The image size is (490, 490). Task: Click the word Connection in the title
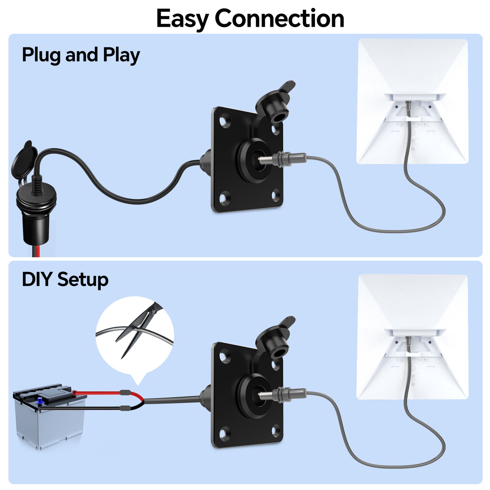point(279,19)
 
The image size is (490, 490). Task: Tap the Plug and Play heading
point(81,55)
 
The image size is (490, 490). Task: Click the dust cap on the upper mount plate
point(275,102)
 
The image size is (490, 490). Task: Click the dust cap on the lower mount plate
point(275,337)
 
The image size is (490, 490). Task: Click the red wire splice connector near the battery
point(124,393)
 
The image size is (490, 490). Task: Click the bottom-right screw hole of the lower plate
point(276,431)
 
